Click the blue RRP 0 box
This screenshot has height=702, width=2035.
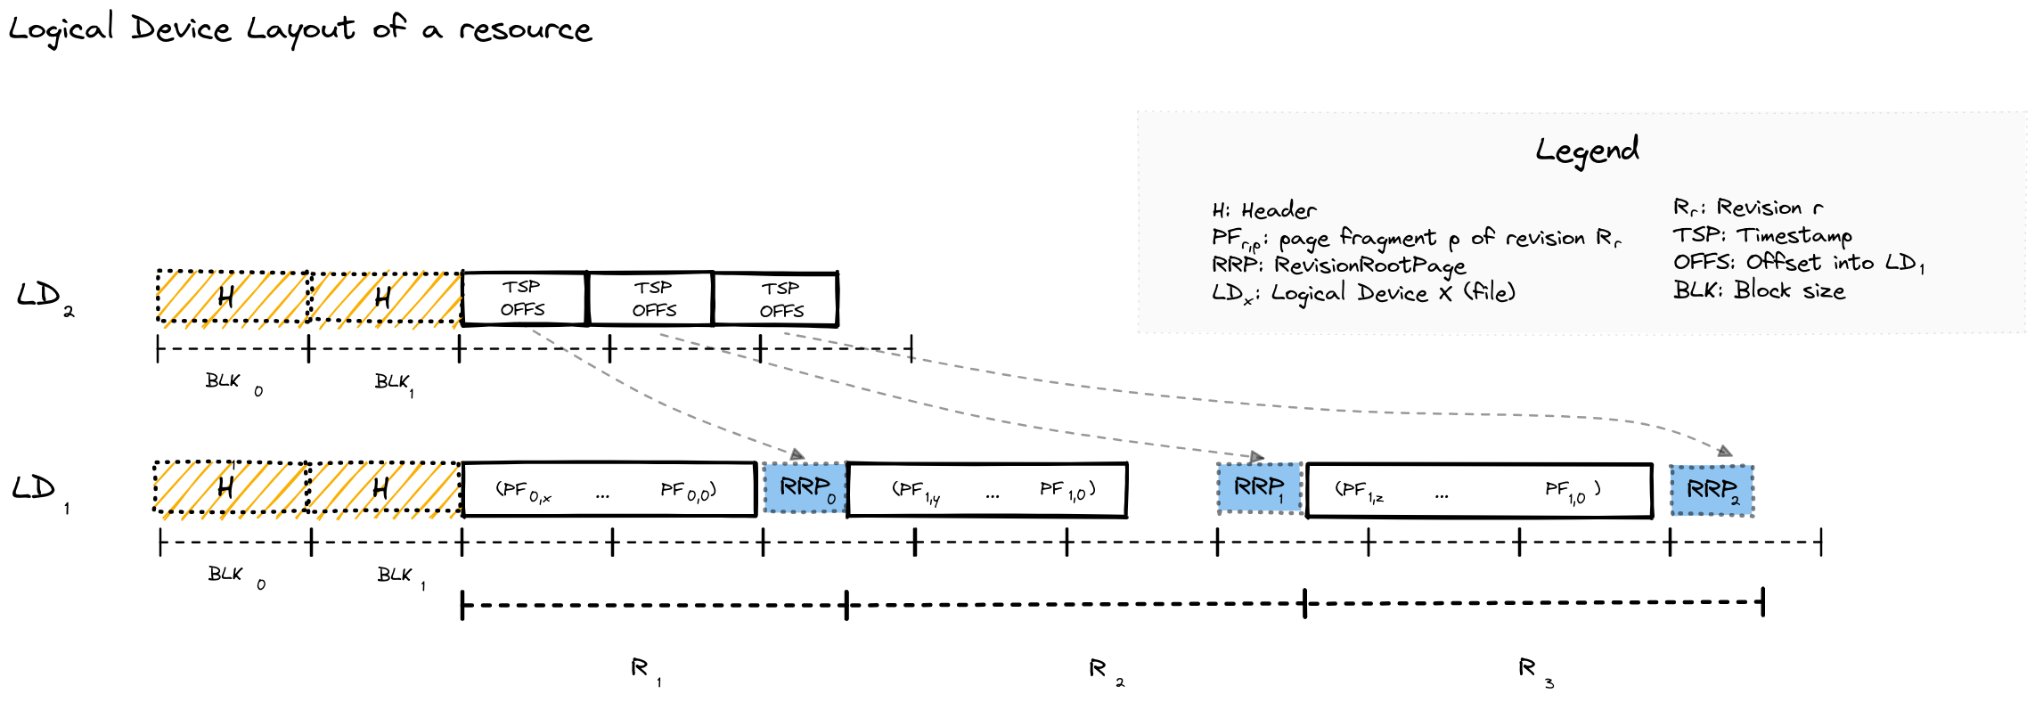coord(805,488)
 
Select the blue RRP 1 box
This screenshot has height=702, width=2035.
coord(1259,488)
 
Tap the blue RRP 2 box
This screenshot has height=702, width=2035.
coord(1712,490)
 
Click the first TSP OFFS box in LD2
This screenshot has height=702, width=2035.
coord(524,299)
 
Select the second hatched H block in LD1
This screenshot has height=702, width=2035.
coord(383,488)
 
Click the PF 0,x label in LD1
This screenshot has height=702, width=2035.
coord(524,491)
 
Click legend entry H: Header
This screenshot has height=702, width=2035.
coord(1263,211)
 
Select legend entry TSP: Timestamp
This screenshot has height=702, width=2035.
coord(1761,235)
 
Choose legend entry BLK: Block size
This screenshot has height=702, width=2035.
coord(1759,290)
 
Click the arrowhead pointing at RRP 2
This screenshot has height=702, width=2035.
coord(1725,452)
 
